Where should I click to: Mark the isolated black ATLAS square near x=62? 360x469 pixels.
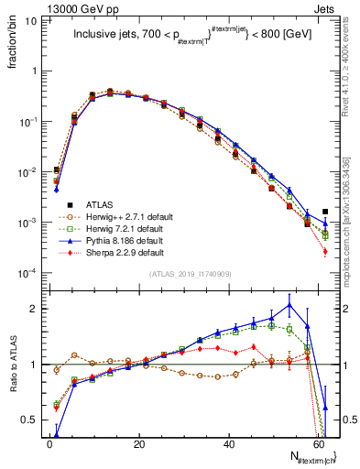[x=325, y=212]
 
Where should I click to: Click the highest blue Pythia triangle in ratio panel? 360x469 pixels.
[x=289, y=305]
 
